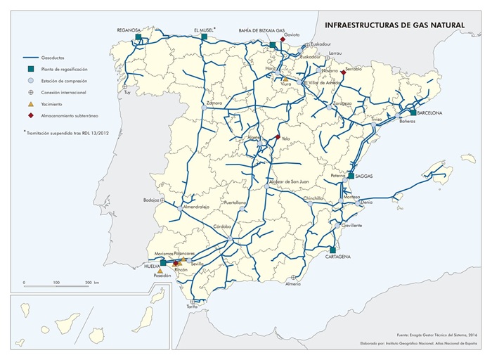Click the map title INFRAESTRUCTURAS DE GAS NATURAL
[394, 25]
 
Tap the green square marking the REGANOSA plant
[138, 37]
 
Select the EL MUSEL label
[203, 30]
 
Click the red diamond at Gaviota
[283, 39]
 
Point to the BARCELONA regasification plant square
[413, 112]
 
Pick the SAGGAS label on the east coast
[364, 176]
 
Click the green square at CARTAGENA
[332, 250]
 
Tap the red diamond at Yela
[278, 137]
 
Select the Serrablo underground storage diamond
[343, 72]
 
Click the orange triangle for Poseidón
[160, 270]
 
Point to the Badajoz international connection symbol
[163, 200]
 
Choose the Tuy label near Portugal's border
[127, 93]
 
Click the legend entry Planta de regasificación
[64, 69]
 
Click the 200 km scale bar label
[90, 282]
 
